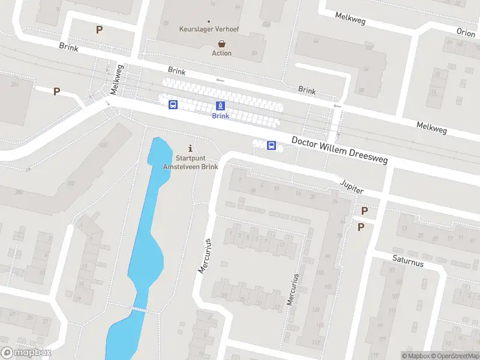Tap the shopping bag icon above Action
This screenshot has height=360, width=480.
[222, 43]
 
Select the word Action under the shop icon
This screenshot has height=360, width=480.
[221, 53]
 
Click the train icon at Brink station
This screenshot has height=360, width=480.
[221, 106]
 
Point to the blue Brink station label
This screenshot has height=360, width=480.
[220, 116]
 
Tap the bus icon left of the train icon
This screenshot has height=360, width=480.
[173, 105]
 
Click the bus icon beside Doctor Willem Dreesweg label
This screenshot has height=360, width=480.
[271, 145]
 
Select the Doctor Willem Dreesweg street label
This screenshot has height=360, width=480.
[340, 149]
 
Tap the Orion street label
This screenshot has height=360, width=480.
[466, 33]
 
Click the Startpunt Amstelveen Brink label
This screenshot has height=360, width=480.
[191, 162]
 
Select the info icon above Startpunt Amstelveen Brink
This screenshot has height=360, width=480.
[191, 148]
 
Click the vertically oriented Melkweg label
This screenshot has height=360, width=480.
[116, 80]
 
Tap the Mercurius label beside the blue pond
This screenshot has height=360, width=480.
[205, 256]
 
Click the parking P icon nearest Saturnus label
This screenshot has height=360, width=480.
[361, 227]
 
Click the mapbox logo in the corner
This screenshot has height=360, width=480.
[26, 353]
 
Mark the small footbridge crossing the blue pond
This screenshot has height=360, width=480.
[140, 309]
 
